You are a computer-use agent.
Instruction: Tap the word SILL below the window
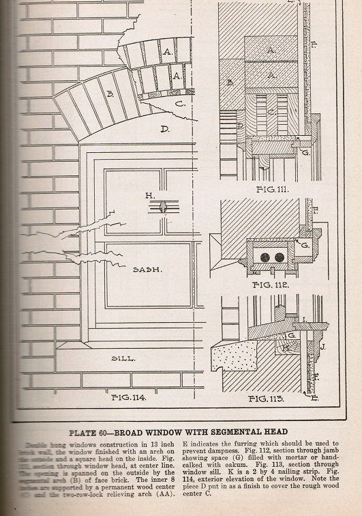[x=123, y=357]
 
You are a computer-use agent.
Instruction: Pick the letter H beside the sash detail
[x=150, y=196]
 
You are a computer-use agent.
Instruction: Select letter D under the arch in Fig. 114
[x=164, y=128]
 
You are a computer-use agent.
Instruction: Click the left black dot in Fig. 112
[x=263, y=257]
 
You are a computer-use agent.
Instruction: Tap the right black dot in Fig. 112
[x=279, y=257]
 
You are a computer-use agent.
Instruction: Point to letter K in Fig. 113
[x=286, y=347]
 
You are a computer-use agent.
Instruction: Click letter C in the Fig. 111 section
[x=271, y=111]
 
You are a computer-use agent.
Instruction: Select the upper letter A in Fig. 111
[x=271, y=50]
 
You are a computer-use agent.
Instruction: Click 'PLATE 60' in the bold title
[x=91, y=431]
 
